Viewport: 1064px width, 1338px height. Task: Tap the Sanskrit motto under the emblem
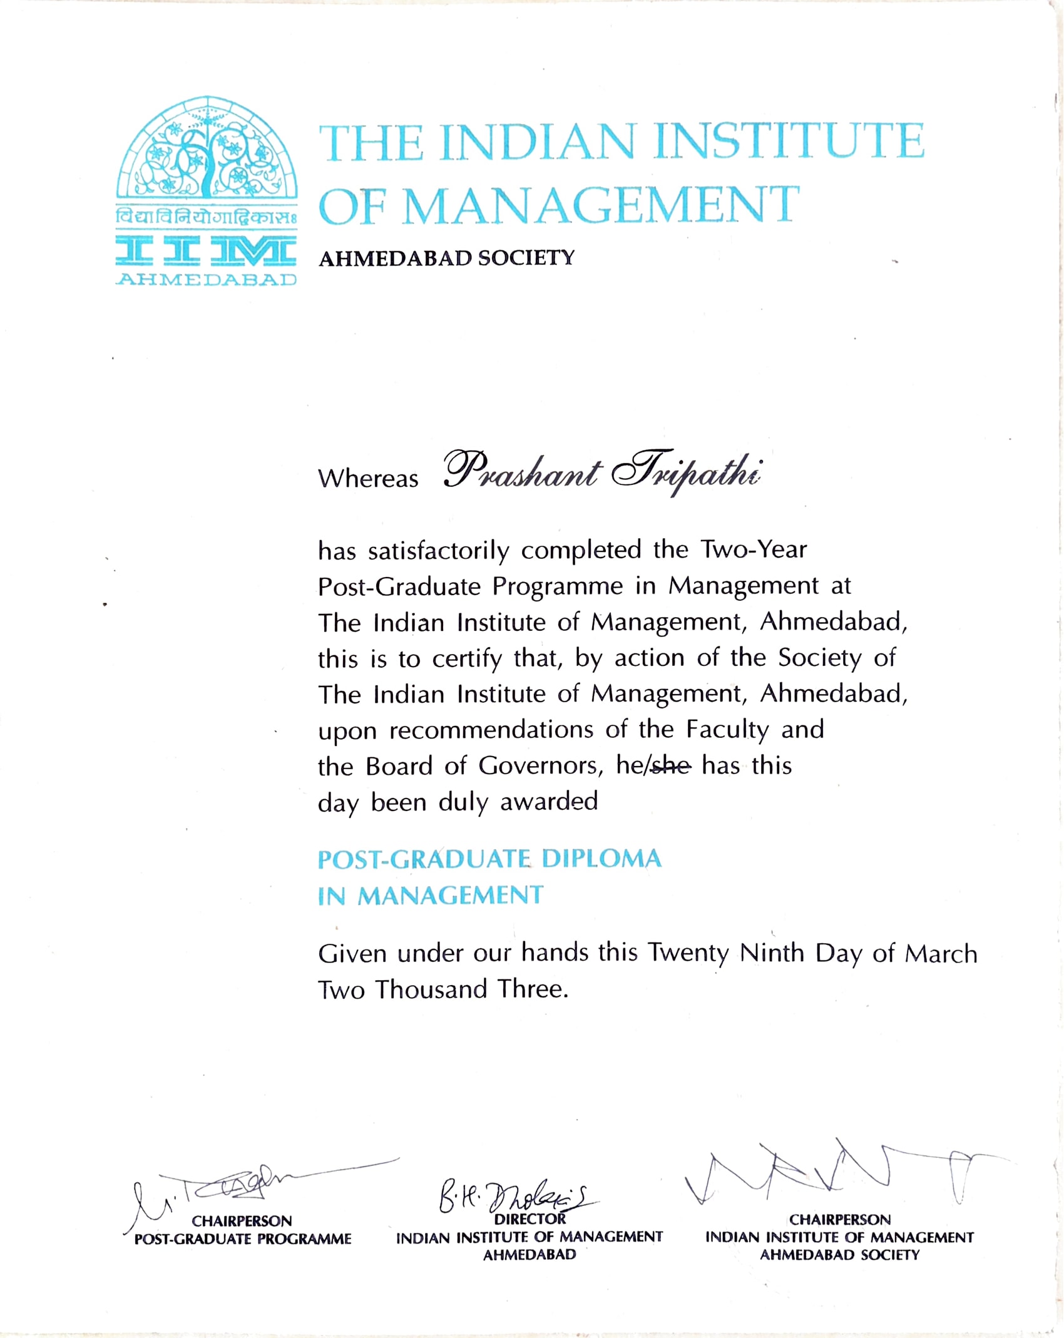point(207,218)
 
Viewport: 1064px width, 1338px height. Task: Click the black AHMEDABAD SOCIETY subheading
point(446,258)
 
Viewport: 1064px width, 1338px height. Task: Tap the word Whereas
point(368,479)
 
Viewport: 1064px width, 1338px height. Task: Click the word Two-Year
point(754,549)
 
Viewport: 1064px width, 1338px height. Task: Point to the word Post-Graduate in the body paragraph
point(399,586)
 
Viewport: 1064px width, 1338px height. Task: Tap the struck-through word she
point(672,765)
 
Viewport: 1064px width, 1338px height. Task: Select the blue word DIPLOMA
point(601,859)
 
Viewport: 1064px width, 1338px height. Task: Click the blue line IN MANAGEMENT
point(431,896)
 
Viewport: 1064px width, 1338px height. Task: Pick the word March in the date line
point(941,954)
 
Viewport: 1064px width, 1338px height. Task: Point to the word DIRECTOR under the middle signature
point(529,1219)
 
